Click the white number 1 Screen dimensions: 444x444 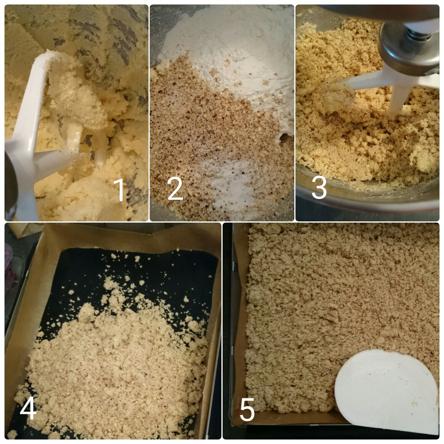tap(120, 190)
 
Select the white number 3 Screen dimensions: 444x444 tap(319, 187)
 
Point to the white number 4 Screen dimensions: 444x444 tap(28, 408)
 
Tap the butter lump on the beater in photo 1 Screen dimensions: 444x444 tap(77, 98)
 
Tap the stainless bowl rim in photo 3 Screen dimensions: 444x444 tap(367, 195)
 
